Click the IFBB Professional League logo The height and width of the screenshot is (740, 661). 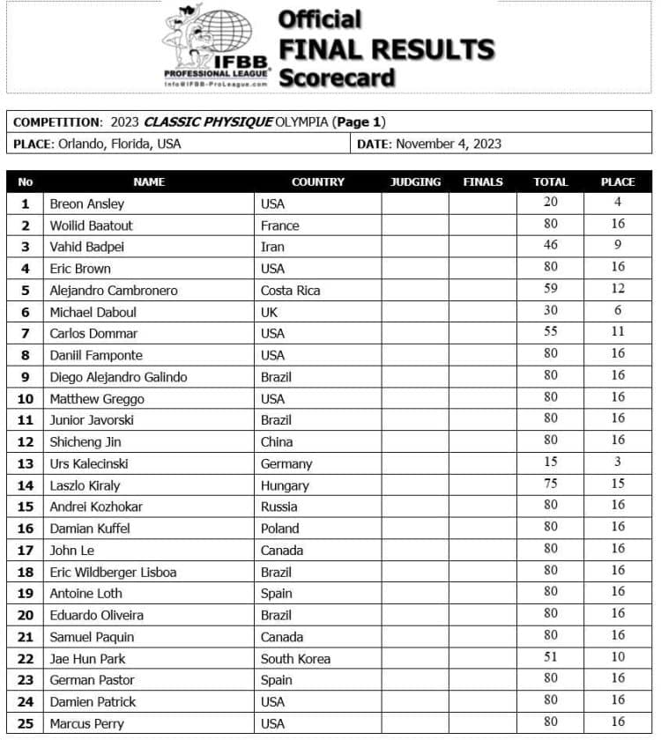[x=217, y=46]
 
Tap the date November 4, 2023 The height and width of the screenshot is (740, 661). [x=449, y=144]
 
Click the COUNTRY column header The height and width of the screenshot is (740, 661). [x=317, y=181]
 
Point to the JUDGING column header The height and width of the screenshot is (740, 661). [x=415, y=181]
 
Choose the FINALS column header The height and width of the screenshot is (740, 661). [x=483, y=181]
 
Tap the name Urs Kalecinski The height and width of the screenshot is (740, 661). [x=90, y=463]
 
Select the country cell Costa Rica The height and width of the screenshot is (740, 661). [x=290, y=291]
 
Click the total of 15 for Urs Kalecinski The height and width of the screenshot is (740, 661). [x=550, y=462]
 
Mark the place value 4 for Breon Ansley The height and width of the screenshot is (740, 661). [x=618, y=202]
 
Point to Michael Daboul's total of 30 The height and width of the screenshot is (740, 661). [x=550, y=310]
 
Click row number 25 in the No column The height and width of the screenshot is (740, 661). [x=25, y=723]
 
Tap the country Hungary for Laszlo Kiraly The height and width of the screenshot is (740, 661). [x=285, y=485]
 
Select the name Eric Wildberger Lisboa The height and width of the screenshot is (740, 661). [x=113, y=572]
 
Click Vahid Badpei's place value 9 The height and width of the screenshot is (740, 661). [x=618, y=245]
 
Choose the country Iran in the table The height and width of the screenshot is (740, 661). [x=272, y=247]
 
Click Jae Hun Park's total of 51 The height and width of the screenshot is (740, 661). [x=550, y=656]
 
